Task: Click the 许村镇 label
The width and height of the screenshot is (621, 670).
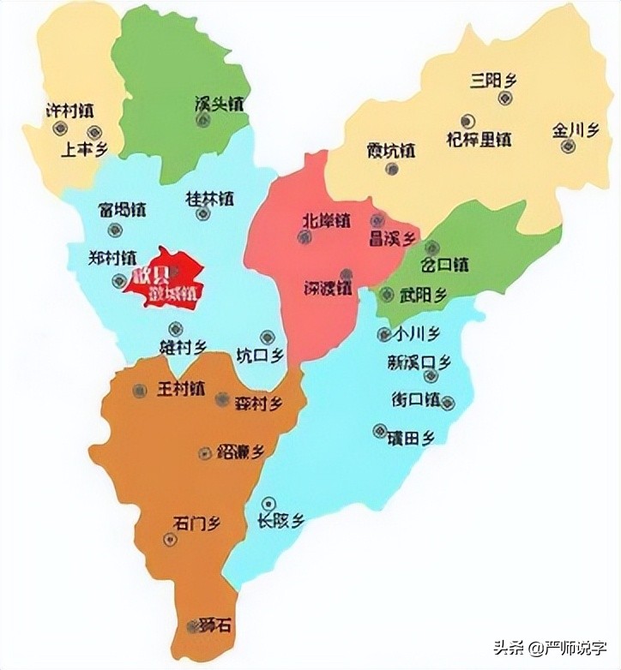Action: pos(70,111)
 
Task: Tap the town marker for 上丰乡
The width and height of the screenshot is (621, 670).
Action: pos(94,133)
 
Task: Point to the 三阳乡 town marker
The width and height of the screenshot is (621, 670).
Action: pos(503,98)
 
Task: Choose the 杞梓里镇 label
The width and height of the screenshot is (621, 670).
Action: pos(479,138)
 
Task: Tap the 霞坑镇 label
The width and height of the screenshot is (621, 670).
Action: pos(391,151)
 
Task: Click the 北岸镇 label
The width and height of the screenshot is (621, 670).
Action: pos(326,220)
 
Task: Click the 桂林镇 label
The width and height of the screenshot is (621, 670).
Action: pos(210,198)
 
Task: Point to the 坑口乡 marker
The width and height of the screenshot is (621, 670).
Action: pos(267,337)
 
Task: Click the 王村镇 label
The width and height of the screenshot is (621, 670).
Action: pos(181,389)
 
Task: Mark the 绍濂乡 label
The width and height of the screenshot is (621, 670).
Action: pos(240,451)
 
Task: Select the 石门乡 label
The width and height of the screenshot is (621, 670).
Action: pos(196,523)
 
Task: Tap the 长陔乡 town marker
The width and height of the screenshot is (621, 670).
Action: pos(269,503)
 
